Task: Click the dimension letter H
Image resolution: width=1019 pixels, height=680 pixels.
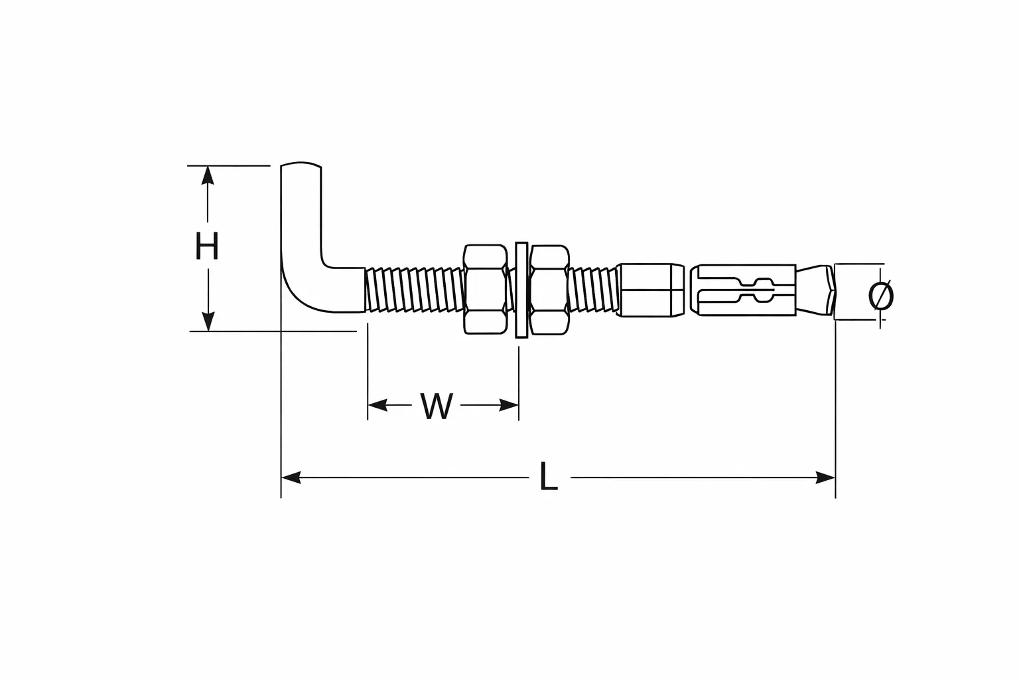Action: coord(207,246)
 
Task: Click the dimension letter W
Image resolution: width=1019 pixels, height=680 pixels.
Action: coord(437,405)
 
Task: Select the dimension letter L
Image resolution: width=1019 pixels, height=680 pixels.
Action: coord(549,476)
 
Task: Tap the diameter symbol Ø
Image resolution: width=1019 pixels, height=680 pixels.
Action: coord(881,295)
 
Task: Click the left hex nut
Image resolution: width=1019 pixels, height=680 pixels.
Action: coord(486,290)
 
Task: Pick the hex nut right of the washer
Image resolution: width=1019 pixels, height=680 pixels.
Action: coord(549,290)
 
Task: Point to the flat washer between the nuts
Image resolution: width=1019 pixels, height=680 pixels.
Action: coord(521,290)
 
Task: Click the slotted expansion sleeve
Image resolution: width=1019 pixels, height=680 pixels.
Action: coord(743,290)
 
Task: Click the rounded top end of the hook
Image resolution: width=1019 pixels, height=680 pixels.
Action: coord(301,165)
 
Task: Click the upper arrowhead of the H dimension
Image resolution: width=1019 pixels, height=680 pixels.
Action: coord(208,175)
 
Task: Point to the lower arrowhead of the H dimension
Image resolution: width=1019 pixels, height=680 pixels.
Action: coord(208,321)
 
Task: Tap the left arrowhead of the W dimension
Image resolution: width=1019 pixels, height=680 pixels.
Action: coord(377,404)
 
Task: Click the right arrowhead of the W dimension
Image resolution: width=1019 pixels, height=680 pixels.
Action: coord(509,404)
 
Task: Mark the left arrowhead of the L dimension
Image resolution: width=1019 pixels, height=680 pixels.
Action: coord(291,477)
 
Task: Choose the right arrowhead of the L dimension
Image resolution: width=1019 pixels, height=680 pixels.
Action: coord(825,477)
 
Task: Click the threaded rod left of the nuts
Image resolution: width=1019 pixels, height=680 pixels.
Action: coord(414,290)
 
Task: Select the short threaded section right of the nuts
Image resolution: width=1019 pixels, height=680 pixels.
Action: coord(594,290)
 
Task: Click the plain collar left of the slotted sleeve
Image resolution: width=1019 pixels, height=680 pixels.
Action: coord(651,290)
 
